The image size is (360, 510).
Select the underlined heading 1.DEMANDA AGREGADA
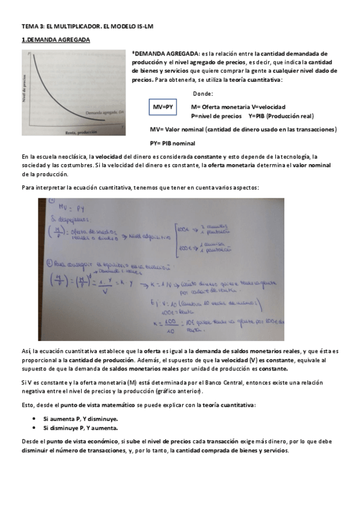click(x=55, y=40)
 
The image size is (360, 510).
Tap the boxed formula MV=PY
click(x=163, y=106)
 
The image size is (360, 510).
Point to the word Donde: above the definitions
click(x=203, y=93)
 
